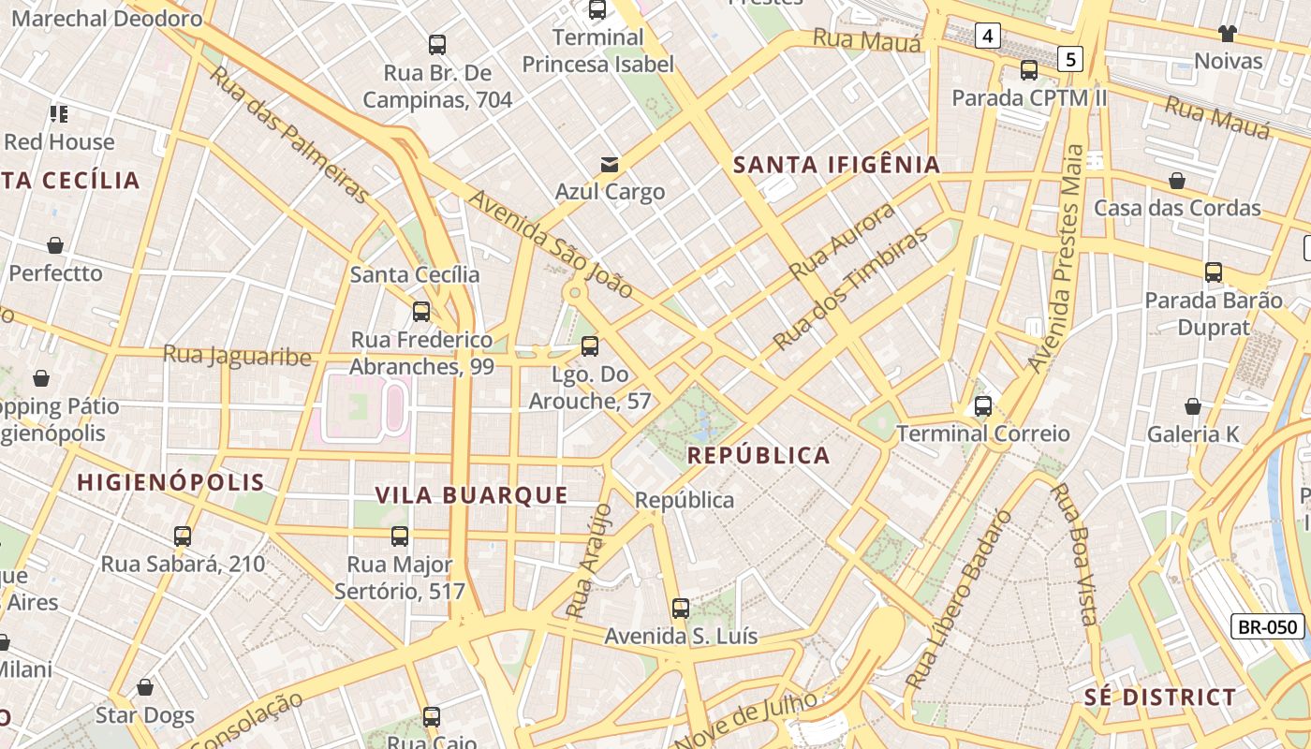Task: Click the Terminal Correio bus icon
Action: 982,406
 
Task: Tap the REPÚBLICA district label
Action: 759,456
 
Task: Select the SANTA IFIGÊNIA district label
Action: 836,165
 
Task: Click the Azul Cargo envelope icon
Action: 610,165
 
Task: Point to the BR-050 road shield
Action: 1268,627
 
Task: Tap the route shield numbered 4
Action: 987,37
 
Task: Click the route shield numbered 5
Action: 1071,60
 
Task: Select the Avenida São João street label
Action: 552,243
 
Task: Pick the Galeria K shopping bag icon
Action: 1192,406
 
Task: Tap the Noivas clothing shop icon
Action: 1228,34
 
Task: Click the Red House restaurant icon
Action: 59,114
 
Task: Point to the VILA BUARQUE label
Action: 471,495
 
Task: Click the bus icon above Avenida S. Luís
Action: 681,609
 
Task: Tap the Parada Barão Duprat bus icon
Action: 1214,272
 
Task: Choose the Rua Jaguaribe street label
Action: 237,356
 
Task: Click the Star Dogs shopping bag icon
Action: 145,688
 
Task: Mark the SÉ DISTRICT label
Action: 1160,698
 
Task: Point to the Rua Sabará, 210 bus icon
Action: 183,536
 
